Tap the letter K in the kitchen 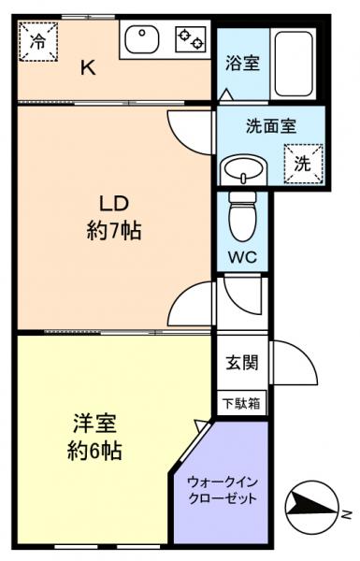pyautogui.click(x=86, y=66)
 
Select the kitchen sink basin pyautogui.click(x=143, y=39)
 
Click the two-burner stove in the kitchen pyautogui.click(x=190, y=39)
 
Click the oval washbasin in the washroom pyautogui.click(x=245, y=171)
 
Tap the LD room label pyautogui.click(x=108, y=203)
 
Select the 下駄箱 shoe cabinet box pyautogui.click(x=242, y=404)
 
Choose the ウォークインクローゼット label pyautogui.click(x=221, y=490)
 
